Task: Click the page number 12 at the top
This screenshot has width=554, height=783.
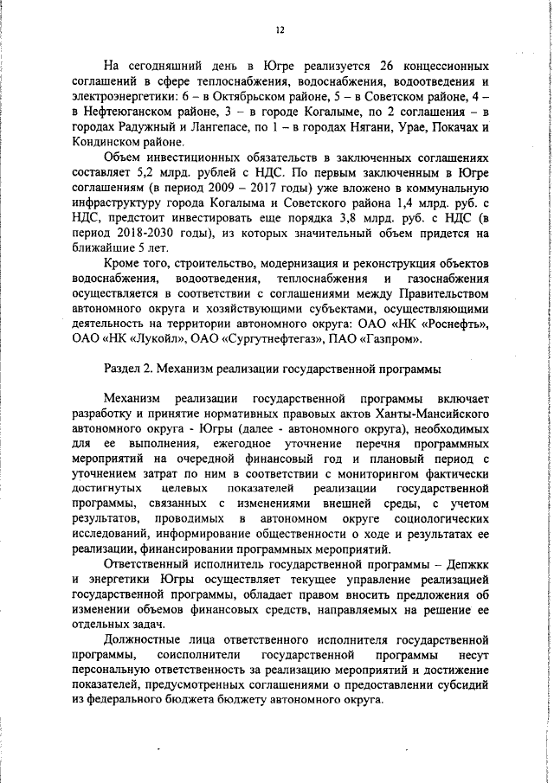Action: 280,30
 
